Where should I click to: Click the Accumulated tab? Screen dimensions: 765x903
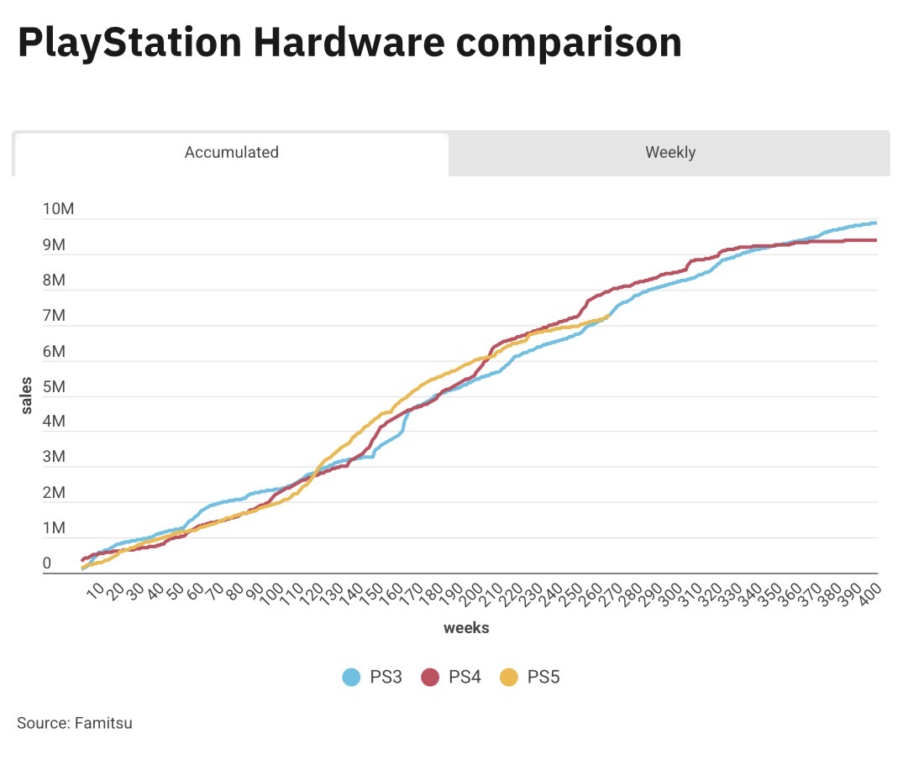pos(231,153)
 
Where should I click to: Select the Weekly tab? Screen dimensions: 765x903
pos(669,153)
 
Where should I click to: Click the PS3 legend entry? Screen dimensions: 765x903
pos(373,677)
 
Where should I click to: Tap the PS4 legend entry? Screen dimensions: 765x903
pos(451,677)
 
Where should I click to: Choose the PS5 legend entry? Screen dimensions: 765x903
pos(530,677)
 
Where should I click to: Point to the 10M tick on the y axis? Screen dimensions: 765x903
pos(58,209)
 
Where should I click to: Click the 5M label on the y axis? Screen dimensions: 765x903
pos(54,387)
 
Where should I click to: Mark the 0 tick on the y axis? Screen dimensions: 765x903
pos(47,564)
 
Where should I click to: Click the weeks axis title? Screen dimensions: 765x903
pos(466,627)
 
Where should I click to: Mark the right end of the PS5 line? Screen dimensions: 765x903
pos(609,317)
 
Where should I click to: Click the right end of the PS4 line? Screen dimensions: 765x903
pos(877,240)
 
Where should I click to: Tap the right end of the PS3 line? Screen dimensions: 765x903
pos(877,223)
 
